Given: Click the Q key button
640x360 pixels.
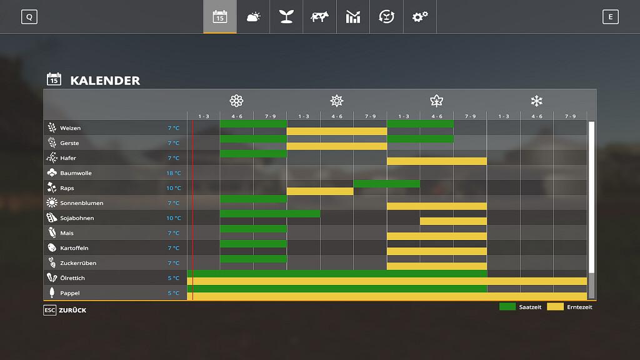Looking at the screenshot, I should (29, 17).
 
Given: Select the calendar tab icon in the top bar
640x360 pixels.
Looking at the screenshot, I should (220, 17).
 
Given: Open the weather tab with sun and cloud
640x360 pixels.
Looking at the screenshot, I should (253, 17).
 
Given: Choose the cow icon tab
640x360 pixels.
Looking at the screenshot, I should (319, 17).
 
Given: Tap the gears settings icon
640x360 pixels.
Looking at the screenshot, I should (420, 17).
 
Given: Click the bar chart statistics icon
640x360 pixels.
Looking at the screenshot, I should (353, 17).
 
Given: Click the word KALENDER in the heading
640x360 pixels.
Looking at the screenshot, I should (105, 81).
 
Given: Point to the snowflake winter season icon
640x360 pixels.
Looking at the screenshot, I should (536, 101).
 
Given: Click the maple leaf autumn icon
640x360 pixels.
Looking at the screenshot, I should (436, 101).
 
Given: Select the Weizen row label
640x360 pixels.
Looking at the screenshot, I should (70, 128).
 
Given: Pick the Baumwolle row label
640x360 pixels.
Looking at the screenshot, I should (76, 173).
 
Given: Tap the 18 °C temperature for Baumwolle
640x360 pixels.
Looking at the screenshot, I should (174, 173).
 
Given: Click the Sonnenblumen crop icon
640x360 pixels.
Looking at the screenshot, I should (52, 203).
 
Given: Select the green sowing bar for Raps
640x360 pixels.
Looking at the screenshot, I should (386, 184).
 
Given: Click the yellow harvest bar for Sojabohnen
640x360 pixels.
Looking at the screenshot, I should (453, 221).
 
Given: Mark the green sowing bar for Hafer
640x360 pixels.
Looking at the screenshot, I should (253, 154).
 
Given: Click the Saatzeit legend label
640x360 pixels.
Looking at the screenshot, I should (530, 307).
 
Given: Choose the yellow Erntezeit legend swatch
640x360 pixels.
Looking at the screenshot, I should (555, 307).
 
